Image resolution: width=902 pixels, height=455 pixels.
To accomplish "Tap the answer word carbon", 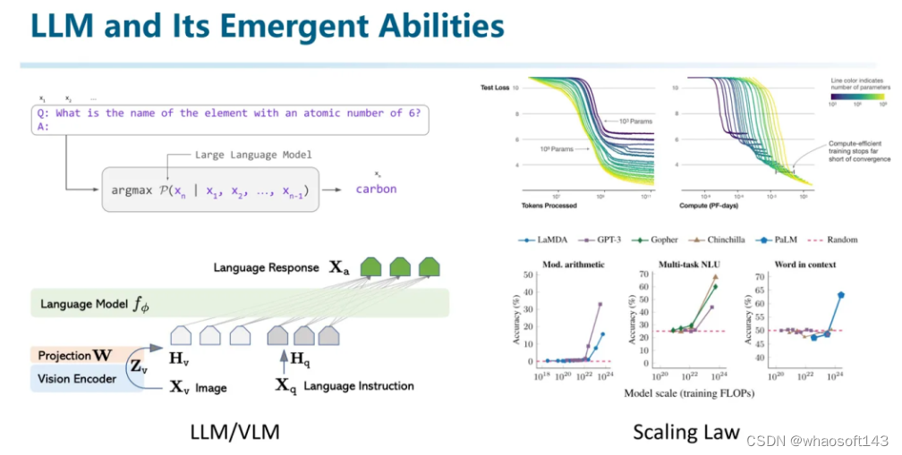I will pos(376,189).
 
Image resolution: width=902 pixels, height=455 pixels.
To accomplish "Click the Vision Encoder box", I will pos(78,379).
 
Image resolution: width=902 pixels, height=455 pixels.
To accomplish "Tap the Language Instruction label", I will pos(358,386).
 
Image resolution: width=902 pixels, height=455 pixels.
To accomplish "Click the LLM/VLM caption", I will pos(235,433).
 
